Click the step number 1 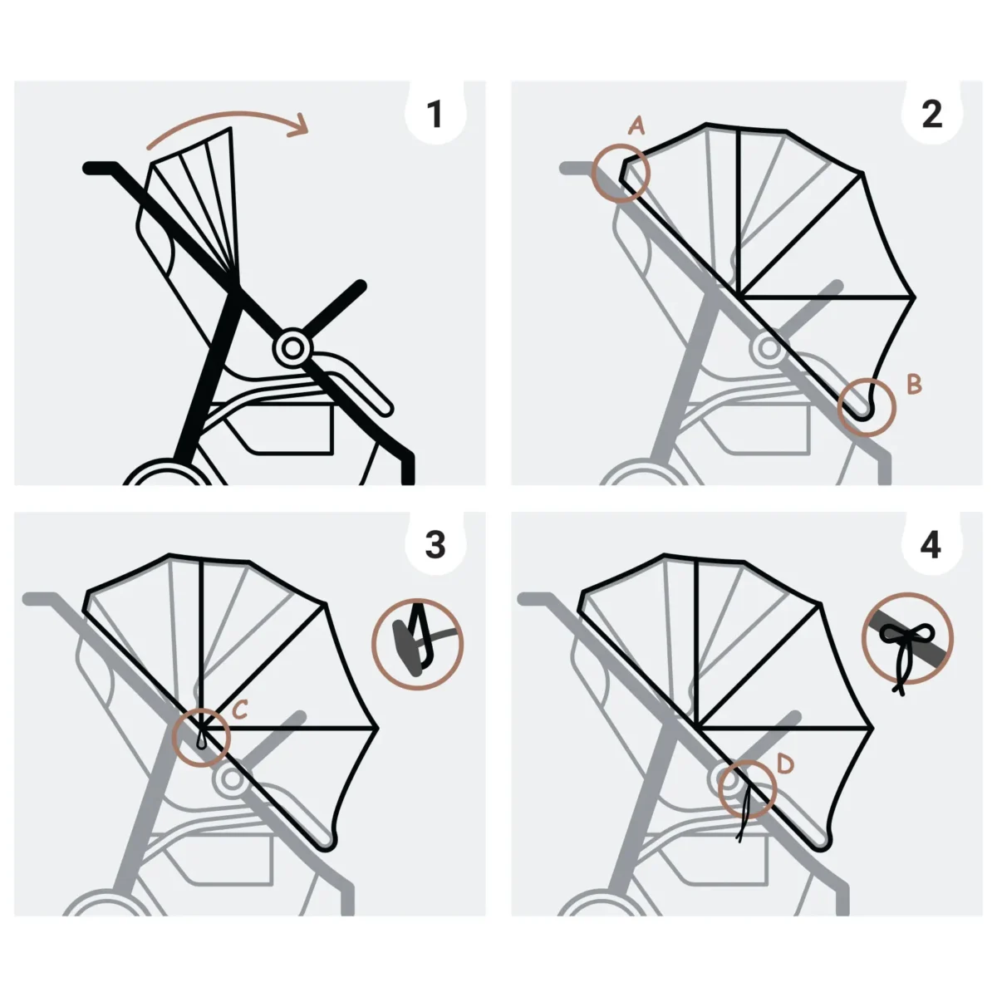pos(434,114)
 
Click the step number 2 pos(931,114)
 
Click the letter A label pos(636,125)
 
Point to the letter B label pos(914,384)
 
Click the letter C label pos(240,709)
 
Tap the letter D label pos(786,762)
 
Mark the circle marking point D pos(746,788)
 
